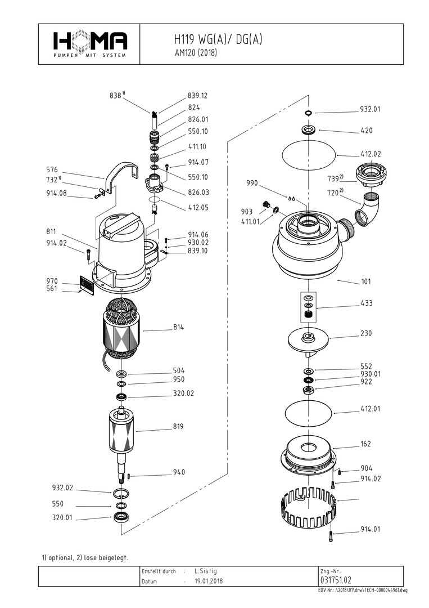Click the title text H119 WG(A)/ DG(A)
coord(218,40)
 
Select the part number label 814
coord(179,327)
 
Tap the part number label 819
coord(179,426)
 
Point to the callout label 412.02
coord(370,154)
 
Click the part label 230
coord(366,333)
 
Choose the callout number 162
coord(365,444)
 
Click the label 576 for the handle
coord(52,169)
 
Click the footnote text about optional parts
coord(85,558)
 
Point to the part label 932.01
coord(370,109)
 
